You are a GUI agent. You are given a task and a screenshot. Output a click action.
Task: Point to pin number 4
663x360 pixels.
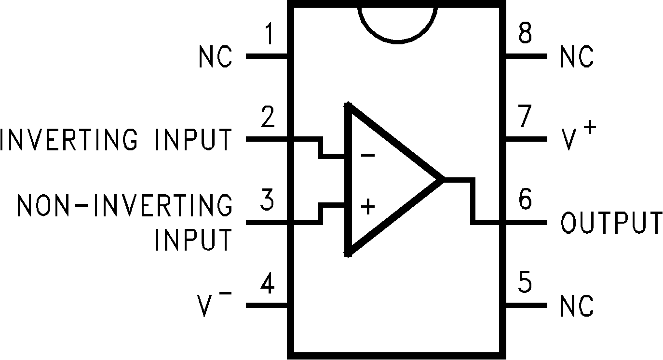click(x=267, y=285)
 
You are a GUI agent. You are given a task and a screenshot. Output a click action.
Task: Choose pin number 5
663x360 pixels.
click(x=525, y=285)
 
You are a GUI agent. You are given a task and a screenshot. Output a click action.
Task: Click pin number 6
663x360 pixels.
click(x=525, y=200)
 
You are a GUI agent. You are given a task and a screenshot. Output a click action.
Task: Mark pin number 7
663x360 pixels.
click(x=525, y=117)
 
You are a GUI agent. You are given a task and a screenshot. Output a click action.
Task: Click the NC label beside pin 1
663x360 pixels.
click(x=215, y=57)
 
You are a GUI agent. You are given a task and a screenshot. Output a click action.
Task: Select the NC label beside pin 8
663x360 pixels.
click(x=577, y=57)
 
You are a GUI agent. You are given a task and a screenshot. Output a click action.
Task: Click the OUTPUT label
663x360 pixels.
click(x=611, y=223)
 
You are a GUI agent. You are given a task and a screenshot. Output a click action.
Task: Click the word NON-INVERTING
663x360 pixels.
click(x=124, y=206)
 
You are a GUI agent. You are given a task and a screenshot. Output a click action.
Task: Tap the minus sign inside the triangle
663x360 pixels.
click(x=367, y=156)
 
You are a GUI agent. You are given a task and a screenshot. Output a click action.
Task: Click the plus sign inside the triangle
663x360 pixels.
click(x=368, y=207)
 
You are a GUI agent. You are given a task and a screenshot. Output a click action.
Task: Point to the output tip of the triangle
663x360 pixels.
click(x=441, y=179)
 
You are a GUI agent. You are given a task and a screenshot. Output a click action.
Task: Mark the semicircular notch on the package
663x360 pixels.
click(x=397, y=24)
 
